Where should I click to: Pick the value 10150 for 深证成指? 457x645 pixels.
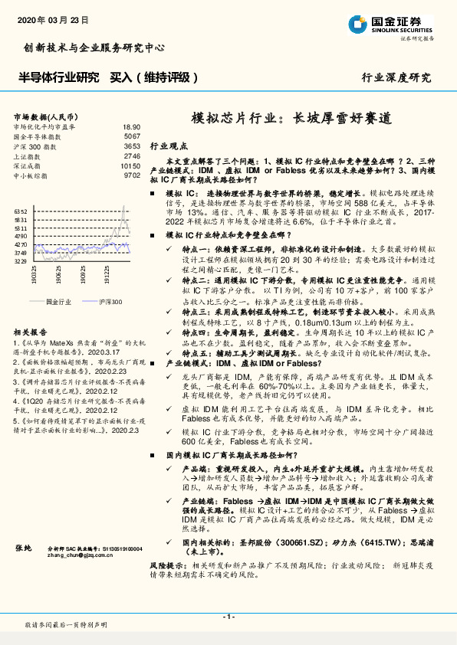pyautogui.click(x=130, y=165)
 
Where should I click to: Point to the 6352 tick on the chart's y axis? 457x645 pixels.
pyautogui.click(x=21, y=211)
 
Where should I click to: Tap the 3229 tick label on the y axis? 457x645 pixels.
pyautogui.click(x=21, y=261)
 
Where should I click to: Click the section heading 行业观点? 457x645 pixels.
pyautogui.click(x=167, y=145)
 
